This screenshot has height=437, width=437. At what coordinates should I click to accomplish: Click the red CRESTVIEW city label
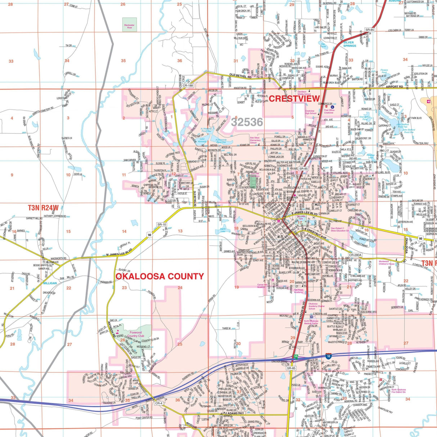click(294, 99)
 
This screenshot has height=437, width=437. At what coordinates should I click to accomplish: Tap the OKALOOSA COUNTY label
click(159, 276)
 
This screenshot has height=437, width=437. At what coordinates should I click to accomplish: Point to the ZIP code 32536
click(247, 122)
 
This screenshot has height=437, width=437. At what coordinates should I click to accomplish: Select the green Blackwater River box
click(129, 25)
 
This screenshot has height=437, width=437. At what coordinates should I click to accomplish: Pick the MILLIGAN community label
click(50, 283)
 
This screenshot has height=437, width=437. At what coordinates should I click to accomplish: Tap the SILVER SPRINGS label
click(349, 44)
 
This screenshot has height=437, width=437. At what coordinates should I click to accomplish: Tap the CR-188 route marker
click(188, 86)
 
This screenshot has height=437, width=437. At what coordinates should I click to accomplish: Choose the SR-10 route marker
click(162, 225)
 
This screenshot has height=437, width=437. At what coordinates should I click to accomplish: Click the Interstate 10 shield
click(329, 356)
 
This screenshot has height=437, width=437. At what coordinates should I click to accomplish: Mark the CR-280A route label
click(355, 255)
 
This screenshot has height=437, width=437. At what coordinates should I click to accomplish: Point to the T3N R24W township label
click(43, 208)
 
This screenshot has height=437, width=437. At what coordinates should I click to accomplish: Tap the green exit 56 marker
click(296, 356)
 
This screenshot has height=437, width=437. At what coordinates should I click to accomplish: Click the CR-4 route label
click(159, 404)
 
